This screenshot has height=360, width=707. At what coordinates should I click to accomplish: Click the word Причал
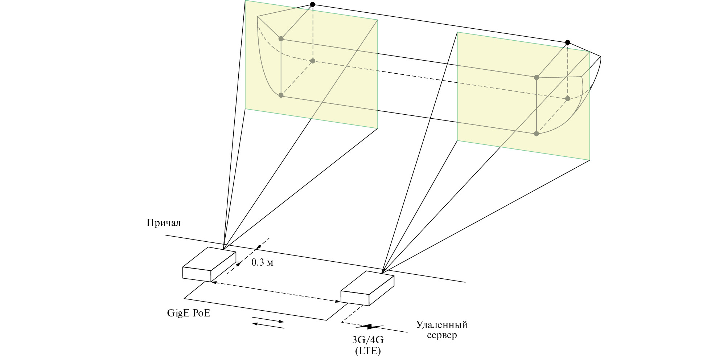(164, 222)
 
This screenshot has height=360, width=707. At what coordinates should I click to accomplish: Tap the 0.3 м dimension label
(262, 262)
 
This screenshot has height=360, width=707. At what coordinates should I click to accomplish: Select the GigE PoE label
(189, 313)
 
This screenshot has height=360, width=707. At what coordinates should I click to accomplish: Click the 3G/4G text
(368, 340)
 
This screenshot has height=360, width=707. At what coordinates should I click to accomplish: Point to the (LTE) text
(368, 351)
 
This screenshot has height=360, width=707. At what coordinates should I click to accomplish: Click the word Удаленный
(441, 324)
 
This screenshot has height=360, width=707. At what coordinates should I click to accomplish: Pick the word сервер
(442, 335)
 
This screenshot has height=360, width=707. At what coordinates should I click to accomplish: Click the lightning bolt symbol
(369, 327)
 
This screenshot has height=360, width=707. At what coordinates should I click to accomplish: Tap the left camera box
(209, 264)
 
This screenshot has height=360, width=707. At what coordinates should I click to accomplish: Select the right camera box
(367, 288)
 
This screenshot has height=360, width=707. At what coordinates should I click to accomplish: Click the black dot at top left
(313, 4)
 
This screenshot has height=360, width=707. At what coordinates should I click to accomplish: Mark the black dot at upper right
(568, 42)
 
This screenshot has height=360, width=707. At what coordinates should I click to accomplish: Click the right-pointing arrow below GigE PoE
(268, 320)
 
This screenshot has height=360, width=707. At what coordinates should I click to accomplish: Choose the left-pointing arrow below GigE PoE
(268, 326)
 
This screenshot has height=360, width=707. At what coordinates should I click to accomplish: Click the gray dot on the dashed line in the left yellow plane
(313, 61)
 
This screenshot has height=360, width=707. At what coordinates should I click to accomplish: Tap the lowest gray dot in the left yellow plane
(281, 95)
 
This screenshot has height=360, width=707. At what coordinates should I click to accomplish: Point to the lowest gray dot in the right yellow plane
(536, 134)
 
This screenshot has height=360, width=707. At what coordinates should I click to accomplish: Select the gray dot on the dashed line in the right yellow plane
(568, 99)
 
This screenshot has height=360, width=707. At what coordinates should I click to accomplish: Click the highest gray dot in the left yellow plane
(281, 38)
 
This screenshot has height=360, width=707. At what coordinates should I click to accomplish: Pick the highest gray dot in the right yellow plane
(537, 77)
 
